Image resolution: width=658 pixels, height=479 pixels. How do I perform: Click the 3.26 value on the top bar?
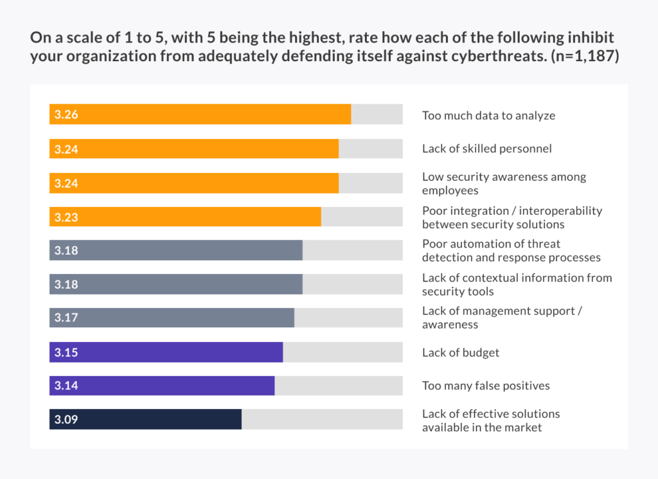[x=66, y=115]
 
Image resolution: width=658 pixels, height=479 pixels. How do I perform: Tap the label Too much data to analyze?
[x=488, y=116]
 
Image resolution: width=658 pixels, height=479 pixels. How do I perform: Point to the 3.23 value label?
[x=66, y=217]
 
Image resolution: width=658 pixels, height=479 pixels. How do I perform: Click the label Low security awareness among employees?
[x=504, y=183]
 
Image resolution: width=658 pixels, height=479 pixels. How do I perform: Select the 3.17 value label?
[x=66, y=318]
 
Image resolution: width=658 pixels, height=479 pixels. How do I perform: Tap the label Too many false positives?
[x=486, y=386]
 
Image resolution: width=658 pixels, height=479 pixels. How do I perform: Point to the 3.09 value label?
[x=66, y=419]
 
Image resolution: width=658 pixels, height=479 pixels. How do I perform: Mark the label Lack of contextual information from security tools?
[x=517, y=284]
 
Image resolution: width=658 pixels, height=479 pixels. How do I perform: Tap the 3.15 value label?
[x=66, y=352]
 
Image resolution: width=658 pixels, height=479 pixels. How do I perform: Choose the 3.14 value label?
[x=66, y=386]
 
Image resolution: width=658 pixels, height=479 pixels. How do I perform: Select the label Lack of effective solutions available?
[x=491, y=420]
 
